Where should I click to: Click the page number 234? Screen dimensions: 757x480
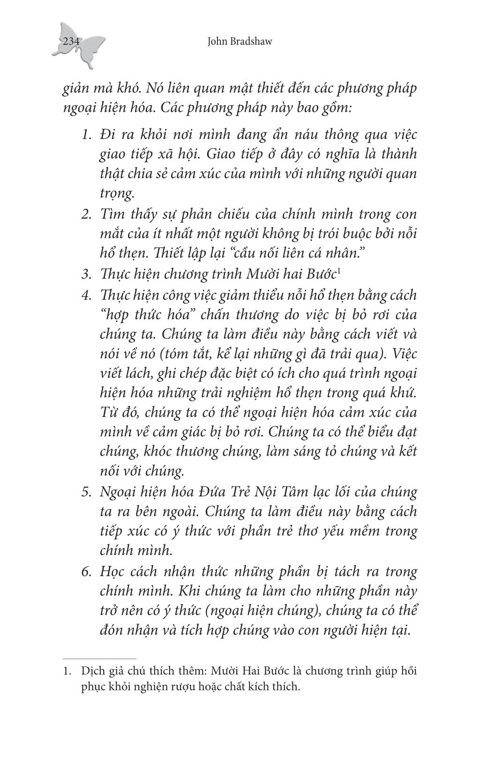tap(71, 42)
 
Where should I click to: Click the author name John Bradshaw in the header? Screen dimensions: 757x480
tap(239, 42)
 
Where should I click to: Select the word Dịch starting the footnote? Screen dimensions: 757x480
tap(92, 671)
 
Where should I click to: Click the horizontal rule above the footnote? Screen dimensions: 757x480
tap(99, 658)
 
